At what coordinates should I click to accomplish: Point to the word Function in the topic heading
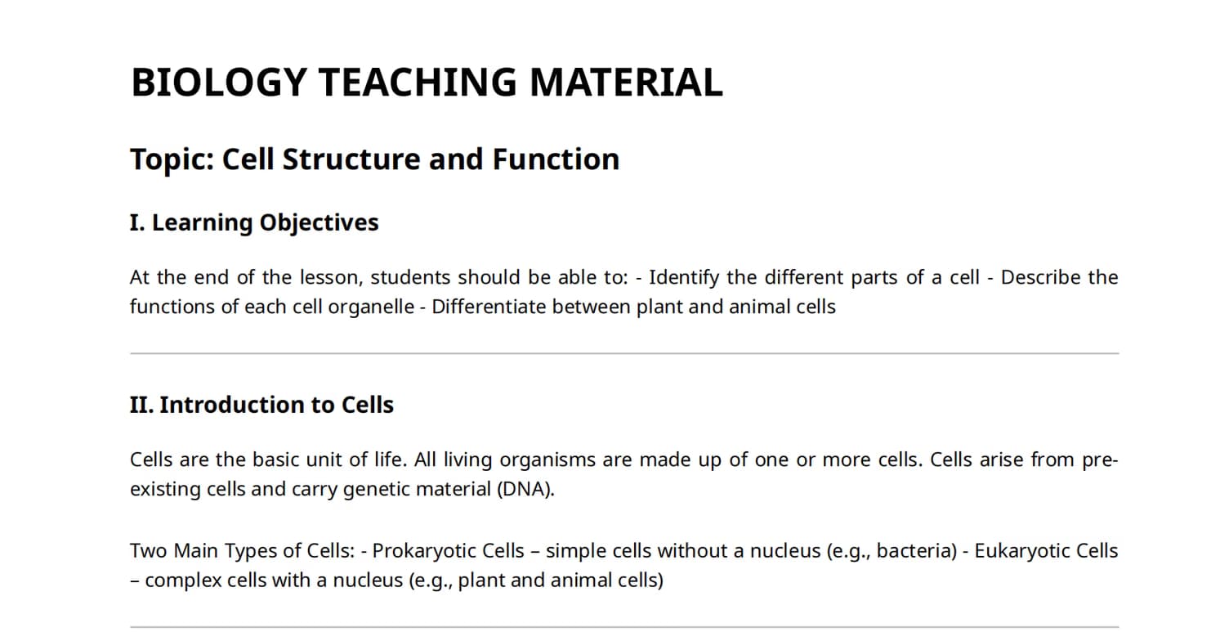(556, 159)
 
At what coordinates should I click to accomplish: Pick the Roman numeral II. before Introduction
(141, 405)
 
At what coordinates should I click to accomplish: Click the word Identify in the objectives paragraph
(684, 278)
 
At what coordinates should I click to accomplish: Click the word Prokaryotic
(449, 551)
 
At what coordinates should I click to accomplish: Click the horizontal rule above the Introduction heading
(624, 354)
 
